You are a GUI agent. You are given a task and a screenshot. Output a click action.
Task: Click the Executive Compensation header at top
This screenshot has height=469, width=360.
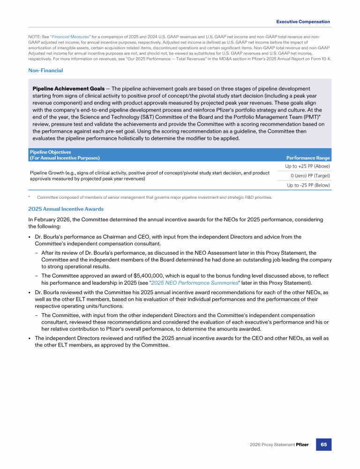pos(303,22)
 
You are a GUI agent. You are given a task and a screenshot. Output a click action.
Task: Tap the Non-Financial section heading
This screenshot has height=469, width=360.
pos(45,70)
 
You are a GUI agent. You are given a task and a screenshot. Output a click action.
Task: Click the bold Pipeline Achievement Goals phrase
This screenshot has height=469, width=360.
pos(68,88)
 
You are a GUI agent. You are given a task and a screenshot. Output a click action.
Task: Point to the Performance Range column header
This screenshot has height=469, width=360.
pos(308,158)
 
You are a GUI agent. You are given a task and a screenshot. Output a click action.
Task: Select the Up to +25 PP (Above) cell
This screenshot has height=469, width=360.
pos(307,166)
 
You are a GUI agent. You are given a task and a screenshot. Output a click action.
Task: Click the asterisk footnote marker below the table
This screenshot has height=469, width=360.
pos(29,197)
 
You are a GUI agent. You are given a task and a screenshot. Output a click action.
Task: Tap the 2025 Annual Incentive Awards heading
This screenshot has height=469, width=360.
pos(66,209)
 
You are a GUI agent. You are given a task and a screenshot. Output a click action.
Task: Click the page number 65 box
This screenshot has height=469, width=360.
pos(323,444)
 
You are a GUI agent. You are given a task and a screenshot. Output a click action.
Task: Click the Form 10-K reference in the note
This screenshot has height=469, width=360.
pos(322,59)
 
